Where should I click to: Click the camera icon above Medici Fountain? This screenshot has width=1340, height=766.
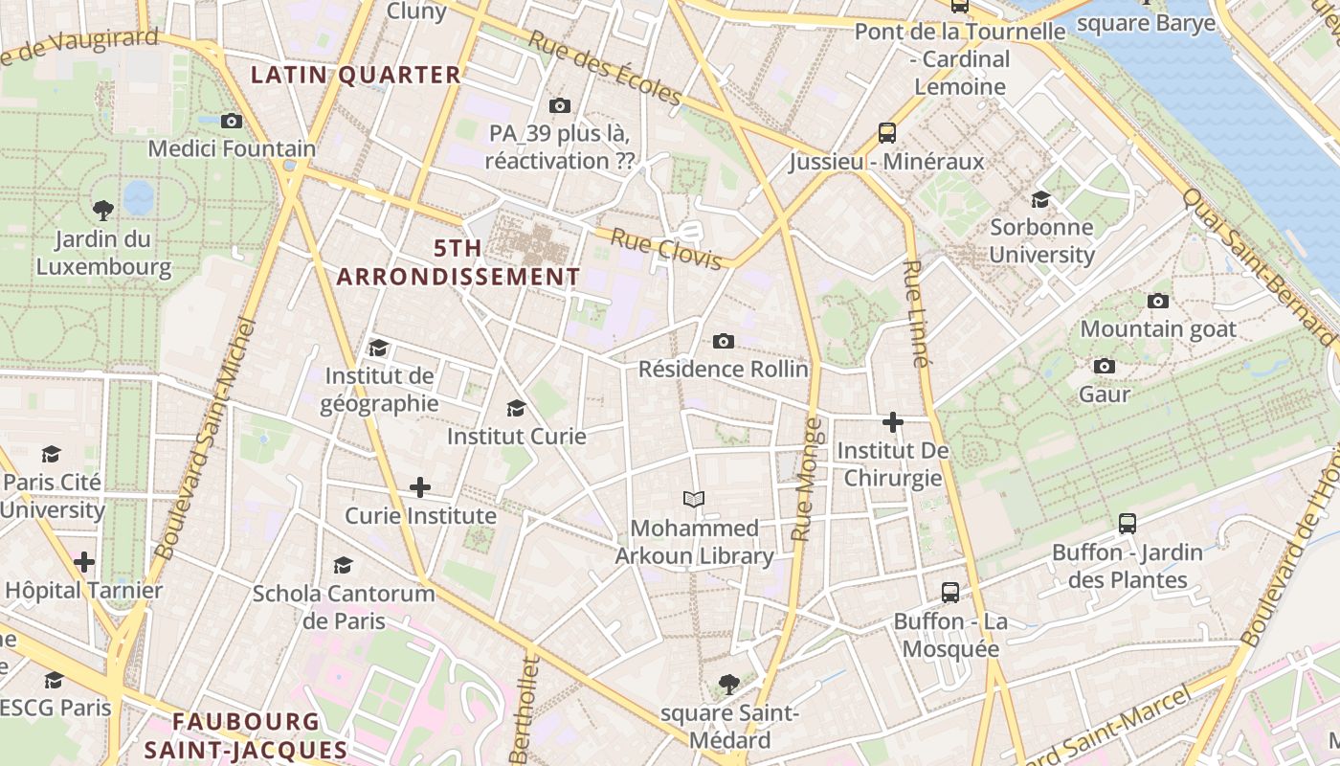(x=231, y=121)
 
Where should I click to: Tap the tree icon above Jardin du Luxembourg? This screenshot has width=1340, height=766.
(x=102, y=210)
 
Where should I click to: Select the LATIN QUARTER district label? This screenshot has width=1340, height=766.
(x=355, y=75)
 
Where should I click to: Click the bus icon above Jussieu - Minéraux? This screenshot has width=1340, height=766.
(x=887, y=133)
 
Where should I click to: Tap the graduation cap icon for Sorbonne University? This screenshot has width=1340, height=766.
(x=1040, y=199)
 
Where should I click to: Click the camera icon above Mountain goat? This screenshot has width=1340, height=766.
(x=1158, y=301)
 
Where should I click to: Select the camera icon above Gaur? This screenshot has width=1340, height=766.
(x=1105, y=366)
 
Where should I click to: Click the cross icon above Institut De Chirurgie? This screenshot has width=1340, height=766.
(x=893, y=421)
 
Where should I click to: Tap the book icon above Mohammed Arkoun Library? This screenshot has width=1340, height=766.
(x=694, y=499)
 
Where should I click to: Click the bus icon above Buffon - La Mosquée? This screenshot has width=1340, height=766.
(x=950, y=592)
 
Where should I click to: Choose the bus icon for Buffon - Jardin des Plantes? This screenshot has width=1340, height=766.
(x=1128, y=524)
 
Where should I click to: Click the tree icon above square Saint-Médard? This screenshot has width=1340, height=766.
(x=728, y=684)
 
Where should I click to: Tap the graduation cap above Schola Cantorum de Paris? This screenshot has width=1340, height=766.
(x=343, y=566)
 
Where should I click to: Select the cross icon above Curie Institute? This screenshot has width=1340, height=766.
(x=420, y=487)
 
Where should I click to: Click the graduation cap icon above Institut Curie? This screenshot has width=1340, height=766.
(x=516, y=409)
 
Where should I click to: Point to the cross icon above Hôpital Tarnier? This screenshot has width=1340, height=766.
(x=84, y=562)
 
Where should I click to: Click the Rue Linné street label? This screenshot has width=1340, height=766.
(x=915, y=313)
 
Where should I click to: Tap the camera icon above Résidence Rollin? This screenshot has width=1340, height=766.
(x=724, y=341)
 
